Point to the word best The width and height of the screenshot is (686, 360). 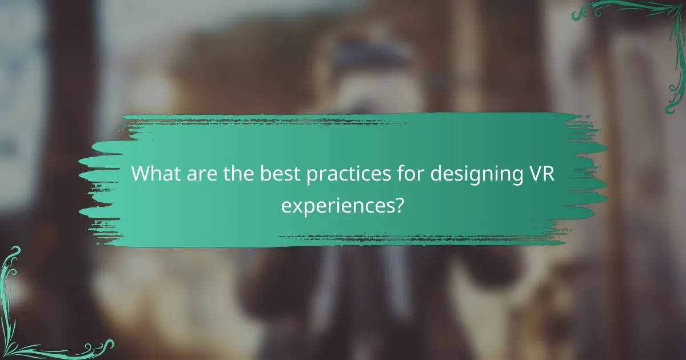(x=277, y=173)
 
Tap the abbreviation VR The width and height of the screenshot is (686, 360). (x=539, y=173)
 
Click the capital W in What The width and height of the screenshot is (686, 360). (x=141, y=173)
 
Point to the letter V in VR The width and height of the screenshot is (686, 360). (x=532, y=173)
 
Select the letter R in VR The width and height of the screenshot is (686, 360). (x=547, y=173)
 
